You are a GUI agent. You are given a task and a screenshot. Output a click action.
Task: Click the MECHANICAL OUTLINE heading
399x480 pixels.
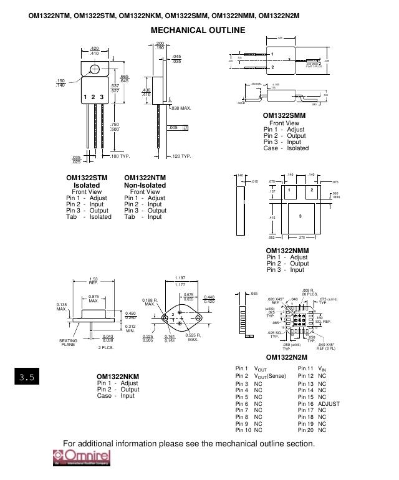(198, 30)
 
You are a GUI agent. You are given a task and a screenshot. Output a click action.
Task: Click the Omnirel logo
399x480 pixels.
(80, 457)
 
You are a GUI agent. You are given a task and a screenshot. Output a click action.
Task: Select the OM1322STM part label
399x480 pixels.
(87, 178)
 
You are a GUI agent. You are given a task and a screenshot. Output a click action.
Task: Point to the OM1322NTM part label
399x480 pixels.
(145, 178)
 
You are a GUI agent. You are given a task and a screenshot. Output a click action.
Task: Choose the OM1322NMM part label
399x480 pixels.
(287, 251)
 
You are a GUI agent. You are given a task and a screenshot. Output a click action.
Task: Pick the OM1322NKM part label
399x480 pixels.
(117, 377)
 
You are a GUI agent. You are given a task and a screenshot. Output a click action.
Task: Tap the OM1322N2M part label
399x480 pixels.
(287, 357)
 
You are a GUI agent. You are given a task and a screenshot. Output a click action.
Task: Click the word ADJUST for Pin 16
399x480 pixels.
(329, 404)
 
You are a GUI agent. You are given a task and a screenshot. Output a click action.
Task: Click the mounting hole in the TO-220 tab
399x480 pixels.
(94, 65)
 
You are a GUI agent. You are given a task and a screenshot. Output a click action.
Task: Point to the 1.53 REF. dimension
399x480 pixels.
(94, 281)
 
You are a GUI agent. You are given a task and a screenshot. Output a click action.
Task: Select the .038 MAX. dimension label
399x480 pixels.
(181, 108)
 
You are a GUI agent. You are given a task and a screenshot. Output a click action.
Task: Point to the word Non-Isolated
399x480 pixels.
(145, 185)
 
